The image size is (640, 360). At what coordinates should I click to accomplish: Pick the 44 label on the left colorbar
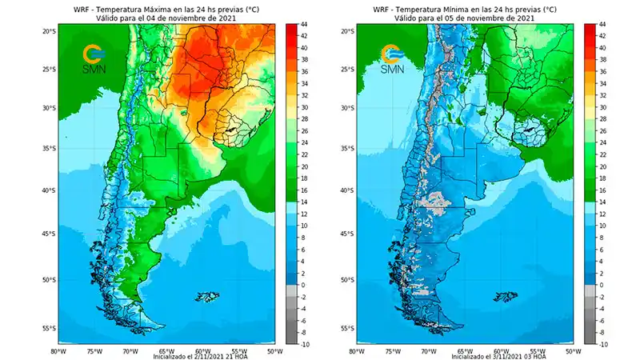pos(305,24)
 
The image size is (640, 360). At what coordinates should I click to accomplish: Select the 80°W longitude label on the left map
pos(58,350)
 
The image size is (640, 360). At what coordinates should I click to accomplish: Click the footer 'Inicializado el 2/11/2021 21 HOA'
pos(167,357)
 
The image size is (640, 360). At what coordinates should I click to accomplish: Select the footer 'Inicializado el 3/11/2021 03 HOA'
pos(466,357)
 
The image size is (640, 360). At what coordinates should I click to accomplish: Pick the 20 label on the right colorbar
pos(602,166)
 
